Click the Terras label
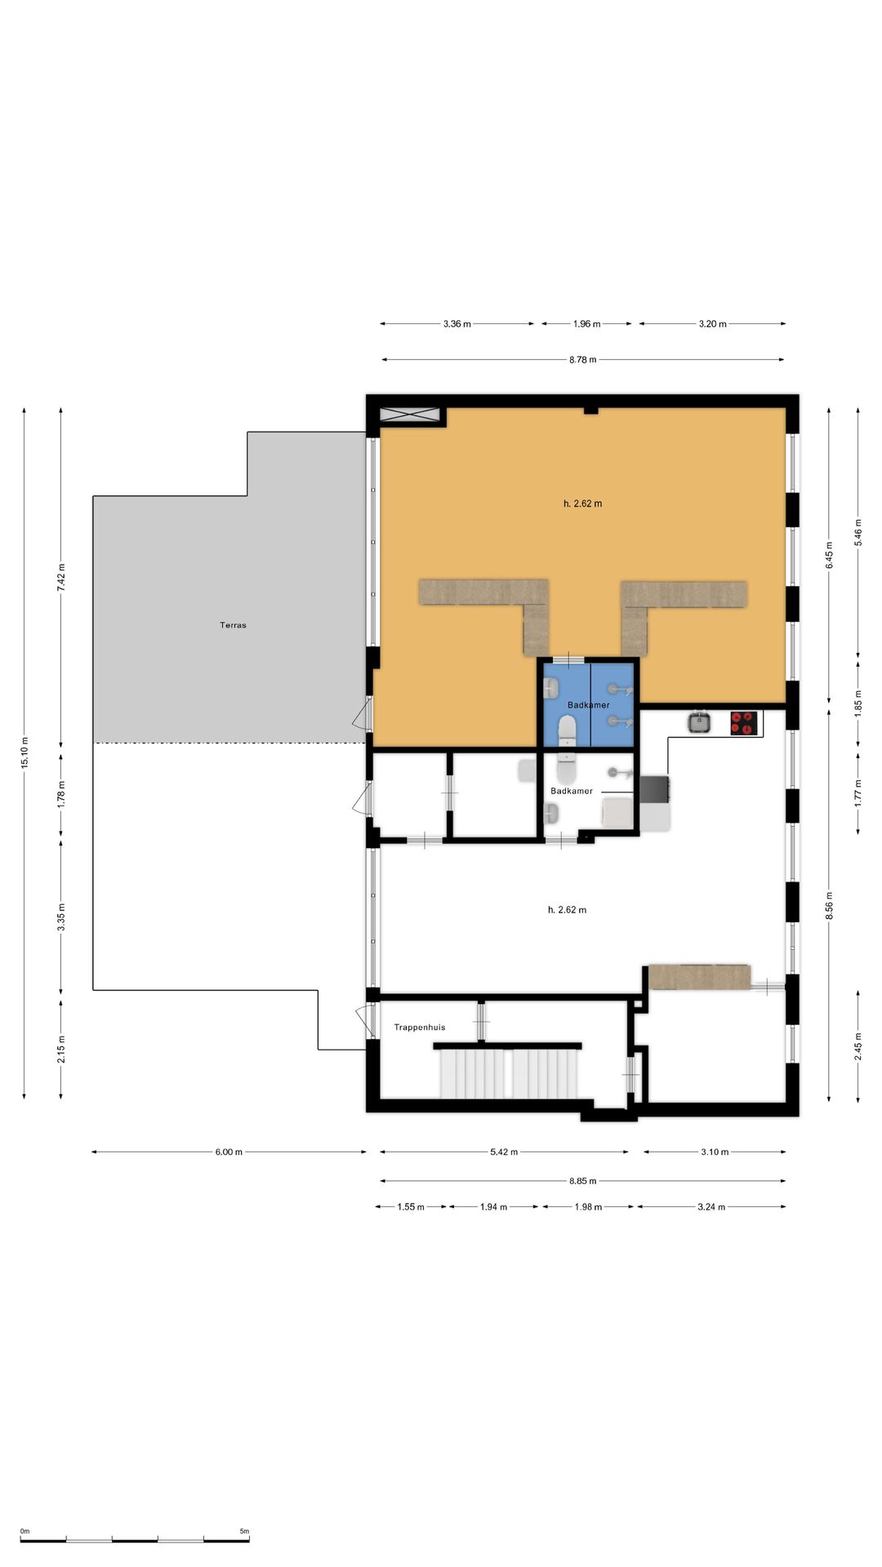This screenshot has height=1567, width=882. pyautogui.click(x=233, y=625)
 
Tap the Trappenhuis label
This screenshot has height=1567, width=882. pyautogui.click(x=420, y=1028)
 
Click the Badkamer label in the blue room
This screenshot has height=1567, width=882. pyautogui.click(x=589, y=705)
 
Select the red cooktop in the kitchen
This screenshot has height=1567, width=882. pyautogui.click(x=744, y=723)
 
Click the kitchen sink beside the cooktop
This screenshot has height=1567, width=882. pyautogui.click(x=699, y=722)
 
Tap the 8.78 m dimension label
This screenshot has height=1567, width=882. pyautogui.click(x=583, y=360)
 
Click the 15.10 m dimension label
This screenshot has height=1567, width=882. pyautogui.click(x=24, y=752)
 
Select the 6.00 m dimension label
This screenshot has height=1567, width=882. pyautogui.click(x=229, y=1152)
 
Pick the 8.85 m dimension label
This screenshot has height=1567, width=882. pyautogui.click(x=583, y=1181)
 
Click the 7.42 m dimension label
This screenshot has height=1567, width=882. pyautogui.click(x=61, y=577)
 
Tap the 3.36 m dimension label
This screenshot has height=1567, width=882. pyautogui.click(x=457, y=324)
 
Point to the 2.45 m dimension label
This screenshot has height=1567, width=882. pyautogui.click(x=858, y=1047)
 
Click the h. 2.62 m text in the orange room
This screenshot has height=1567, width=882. pyautogui.click(x=583, y=504)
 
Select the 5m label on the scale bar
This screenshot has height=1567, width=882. pyautogui.click(x=244, y=1531)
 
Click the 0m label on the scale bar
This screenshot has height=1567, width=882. pyautogui.click(x=24, y=1531)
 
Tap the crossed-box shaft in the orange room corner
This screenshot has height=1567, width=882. pyautogui.click(x=410, y=415)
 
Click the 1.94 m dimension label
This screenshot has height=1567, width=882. pyautogui.click(x=493, y=1207)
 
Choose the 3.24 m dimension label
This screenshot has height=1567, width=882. pyautogui.click(x=711, y=1207)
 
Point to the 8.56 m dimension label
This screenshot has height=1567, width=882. pyautogui.click(x=829, y=906)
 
